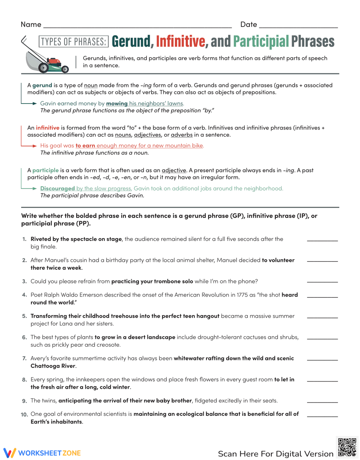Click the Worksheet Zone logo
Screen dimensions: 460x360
42,453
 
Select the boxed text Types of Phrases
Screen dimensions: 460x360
73,42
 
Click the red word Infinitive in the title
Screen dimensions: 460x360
180,42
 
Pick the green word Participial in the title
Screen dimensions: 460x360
261,42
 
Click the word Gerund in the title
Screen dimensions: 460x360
131,42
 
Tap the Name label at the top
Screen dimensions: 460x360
31,24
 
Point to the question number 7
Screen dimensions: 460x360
24,359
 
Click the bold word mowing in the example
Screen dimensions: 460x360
117,104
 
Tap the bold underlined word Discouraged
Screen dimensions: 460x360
58,188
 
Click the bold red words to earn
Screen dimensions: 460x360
85,146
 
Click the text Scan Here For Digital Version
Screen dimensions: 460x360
276,454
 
